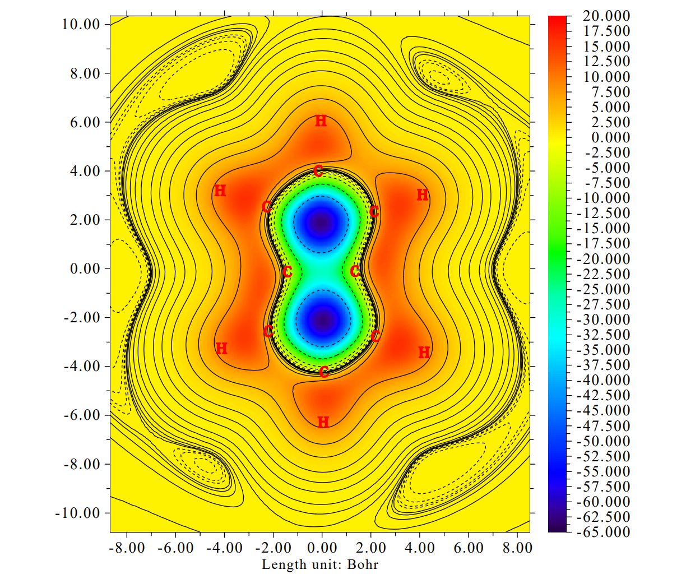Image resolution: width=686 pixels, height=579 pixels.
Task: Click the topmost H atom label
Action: point(321,121)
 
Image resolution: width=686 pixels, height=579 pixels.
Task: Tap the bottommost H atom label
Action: point(323,422)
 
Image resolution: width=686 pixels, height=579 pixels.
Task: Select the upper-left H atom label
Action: point(220,191)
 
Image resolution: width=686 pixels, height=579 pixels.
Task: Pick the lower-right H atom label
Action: point(424,353)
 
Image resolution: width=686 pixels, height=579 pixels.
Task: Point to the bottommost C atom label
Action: point(324,372)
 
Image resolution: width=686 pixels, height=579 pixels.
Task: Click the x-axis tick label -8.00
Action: point(127,548)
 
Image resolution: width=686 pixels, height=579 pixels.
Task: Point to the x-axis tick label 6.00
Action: point(469,548)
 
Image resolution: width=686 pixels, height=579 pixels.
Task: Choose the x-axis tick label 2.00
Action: point(371,548)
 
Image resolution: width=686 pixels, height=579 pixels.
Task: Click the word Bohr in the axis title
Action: point(363,564)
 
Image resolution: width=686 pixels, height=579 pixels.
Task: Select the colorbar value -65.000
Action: point(604,532)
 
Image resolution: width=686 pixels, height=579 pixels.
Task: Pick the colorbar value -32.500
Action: point(604,335)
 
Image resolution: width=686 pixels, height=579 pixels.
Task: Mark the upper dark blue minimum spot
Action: point(321,224)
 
